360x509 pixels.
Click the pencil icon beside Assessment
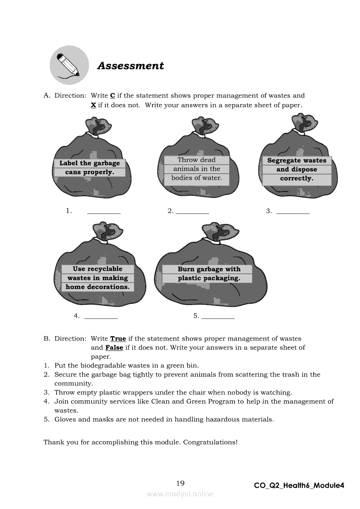pos(69,65)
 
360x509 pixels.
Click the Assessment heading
pos(130,66)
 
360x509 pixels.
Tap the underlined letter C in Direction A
pos(112,96)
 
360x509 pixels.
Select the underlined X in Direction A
pos(93,105)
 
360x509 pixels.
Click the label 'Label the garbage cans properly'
pos(89,168)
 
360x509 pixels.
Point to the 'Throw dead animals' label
pos(197,169)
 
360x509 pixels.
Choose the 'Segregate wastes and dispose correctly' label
pos(296,169)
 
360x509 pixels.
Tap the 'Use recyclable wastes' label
pos(98,278)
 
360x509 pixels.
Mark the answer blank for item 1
pos(104,212)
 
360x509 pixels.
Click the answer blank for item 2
pos(192,212)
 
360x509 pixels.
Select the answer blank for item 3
pos(293,212)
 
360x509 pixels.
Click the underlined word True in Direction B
pos(118,339)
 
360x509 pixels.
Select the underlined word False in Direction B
pos(114,348)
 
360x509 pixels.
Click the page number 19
pos(180,483)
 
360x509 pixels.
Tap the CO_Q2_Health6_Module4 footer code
pos(299,485)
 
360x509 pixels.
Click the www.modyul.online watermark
pos(180,494)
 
